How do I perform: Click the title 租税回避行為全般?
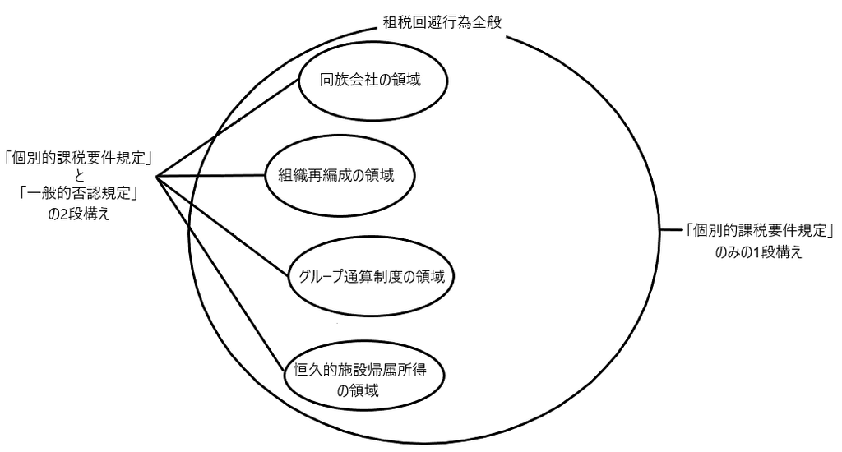[x=442, y=22]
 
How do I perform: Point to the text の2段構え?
[x=79, y=214]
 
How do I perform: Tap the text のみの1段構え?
[x=758, y=251]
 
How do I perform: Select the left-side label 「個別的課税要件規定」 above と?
[x=79, y=158]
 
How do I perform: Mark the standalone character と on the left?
[x=79, y=176]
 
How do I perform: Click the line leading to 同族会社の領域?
[x=227, y=127]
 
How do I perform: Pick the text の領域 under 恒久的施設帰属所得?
[x=358, y=390]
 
